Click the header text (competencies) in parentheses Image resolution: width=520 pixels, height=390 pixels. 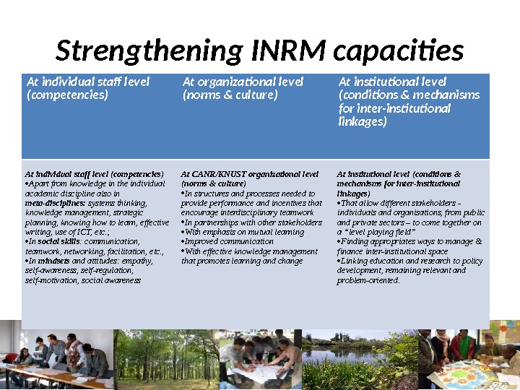pyautogui.click(x=66, y=95)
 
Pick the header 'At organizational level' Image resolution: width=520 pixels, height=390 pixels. pyautogui.click(x=243, y=82)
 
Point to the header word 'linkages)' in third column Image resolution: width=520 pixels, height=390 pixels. pyautogui.click(x=363, y=121)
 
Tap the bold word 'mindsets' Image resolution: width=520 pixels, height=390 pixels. pyautogui.click(x=53, y=260)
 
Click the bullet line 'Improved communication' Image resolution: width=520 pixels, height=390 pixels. pyautogui.click(x=229, y=241)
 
